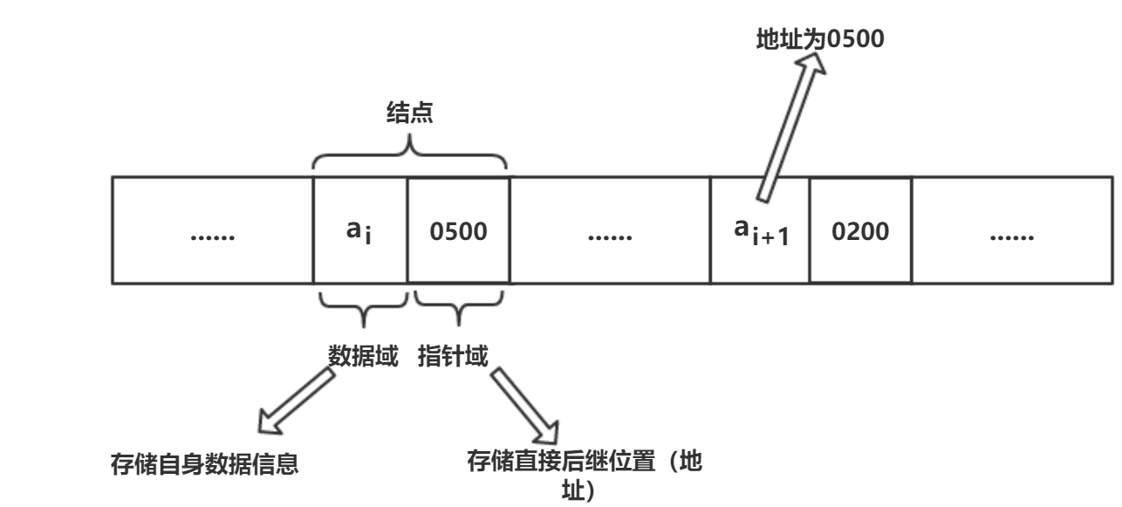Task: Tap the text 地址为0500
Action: pyautogui.click(x=820, y=40)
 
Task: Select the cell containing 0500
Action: pyautogui.click(x=457, y=232)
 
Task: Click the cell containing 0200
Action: pyautogui.click(x=859, y=232)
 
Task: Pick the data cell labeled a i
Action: pyautogui.click(x=359, y=232)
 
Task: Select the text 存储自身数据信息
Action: pyautogui.click(x=205, y=463)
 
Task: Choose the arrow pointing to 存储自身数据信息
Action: pyautogui.click(x=293, y=403)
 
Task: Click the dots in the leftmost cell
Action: pyautogui.click(x=212, y=236)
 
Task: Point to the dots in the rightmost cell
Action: pyautogui.click(x=1012, y=236)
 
